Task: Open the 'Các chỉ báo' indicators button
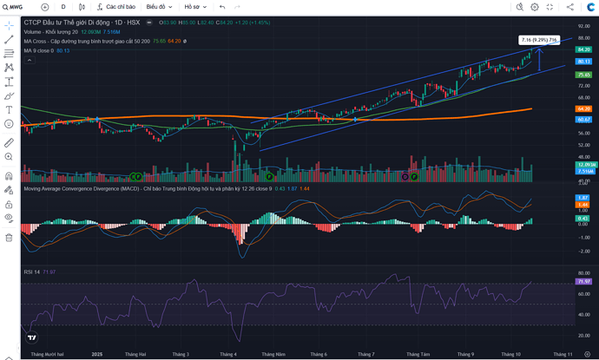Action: pyautogui.click(x=118, y=7)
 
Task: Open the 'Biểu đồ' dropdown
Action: pyautogui.click(x=159, y=7)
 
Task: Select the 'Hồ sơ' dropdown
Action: pyautogui.click(x=194, y=7)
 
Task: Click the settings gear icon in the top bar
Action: pyautogui.click(x=535, y=7)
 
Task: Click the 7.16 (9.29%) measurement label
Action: pyautogui.click(x=539, y=40)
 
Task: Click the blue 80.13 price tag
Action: pyautogui.click(x=583, y=62)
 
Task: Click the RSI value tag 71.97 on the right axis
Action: pyautogui.click(x=583, y=281)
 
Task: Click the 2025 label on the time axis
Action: pyautogui.click(x=97, y=354)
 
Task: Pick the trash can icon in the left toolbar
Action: pyautogui.click(x=9, y=237)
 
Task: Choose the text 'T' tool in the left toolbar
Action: pyautogui.click(x=9, y=110)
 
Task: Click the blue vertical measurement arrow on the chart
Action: pyautogui.click(x=539, y=59)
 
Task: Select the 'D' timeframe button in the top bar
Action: pyautogui.click(x=63, y=7)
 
